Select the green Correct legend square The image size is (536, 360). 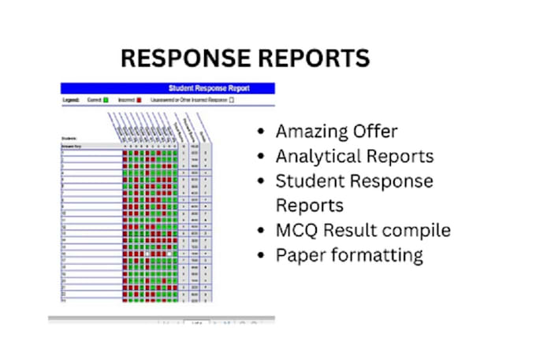(x=106, y=101)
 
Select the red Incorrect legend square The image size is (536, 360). (x=139, y=101)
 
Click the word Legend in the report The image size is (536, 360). (x=72, y=101)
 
